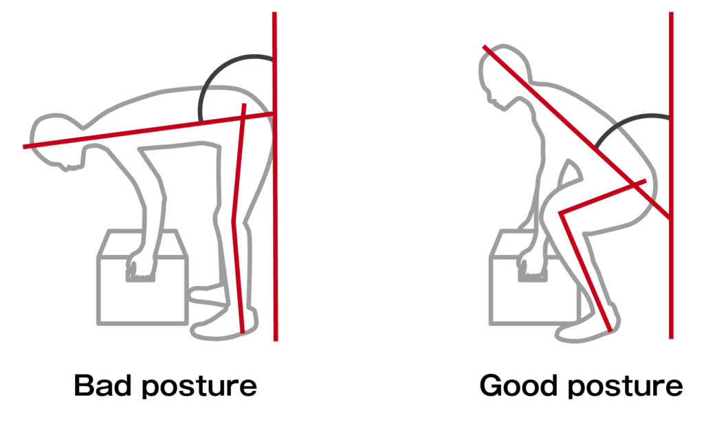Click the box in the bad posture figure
tap(142, 277)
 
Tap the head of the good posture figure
tap(503, 76)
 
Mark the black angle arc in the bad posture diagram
tap(211, 71)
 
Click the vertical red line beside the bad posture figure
tap(275, 177)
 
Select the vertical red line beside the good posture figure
tap(671, 175)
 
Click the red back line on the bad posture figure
tap(148, 131)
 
